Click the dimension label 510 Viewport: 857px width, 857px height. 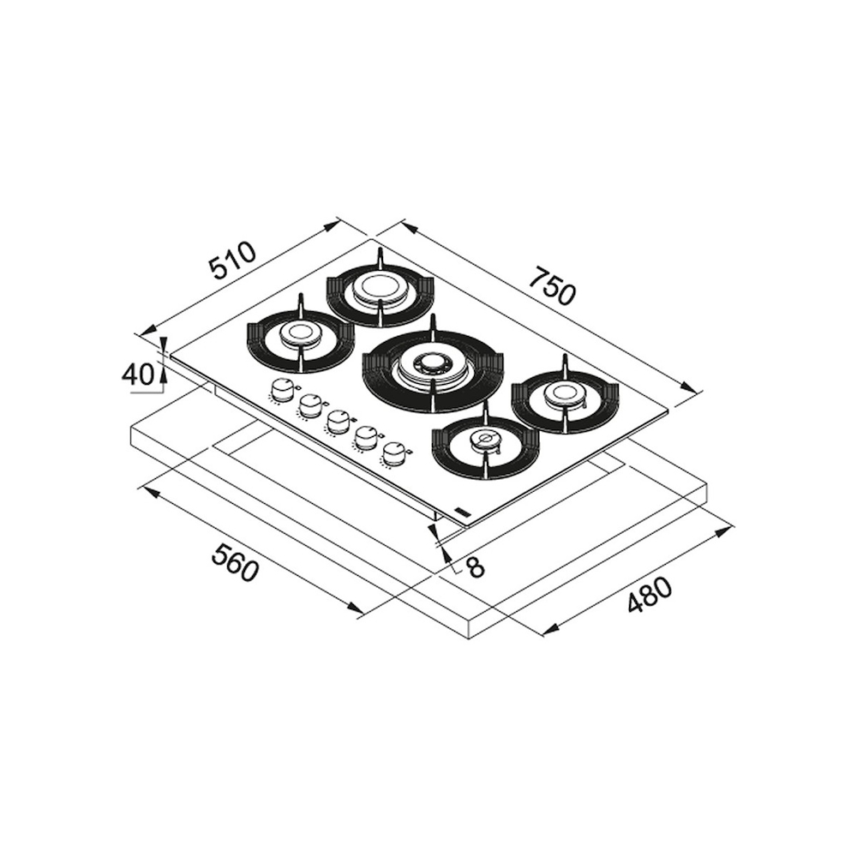coord(233,261)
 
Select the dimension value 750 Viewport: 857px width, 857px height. coord(552,285)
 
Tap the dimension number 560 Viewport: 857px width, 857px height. coord(234,563)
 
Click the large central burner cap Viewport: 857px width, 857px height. coord(433,367)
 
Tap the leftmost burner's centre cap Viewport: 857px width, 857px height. coord(301,334)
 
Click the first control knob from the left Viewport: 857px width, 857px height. coord(281,392)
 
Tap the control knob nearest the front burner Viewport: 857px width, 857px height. coord(395,453)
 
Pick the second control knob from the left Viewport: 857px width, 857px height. coord(310,406)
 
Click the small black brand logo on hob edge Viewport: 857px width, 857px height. coord(463,511)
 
